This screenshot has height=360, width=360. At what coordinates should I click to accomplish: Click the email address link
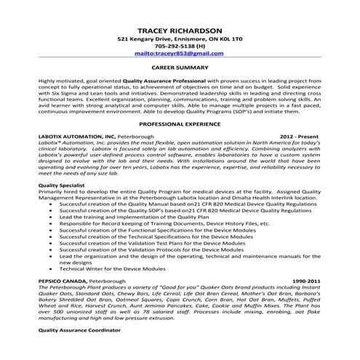pos(179,53)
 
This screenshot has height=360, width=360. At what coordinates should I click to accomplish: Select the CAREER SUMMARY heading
pos(179,65)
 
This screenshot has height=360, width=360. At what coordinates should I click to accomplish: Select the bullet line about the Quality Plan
pos(131,217)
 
